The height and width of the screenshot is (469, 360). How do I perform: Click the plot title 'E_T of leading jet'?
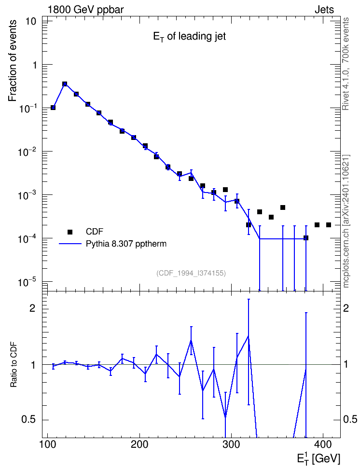click(x=190, y=37)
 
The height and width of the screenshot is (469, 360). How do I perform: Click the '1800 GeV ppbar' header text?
click(x=85, y=10)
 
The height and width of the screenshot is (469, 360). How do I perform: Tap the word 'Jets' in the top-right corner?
click(x=324, y=10)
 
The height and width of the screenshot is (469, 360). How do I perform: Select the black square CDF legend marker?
click(x=70, y=232)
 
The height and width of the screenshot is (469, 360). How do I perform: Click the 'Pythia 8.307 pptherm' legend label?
click(x=126, y=244)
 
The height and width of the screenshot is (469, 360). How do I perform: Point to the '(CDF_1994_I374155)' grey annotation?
click(x=191, y=273)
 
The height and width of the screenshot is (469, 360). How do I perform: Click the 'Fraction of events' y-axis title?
click(x=12, y=61)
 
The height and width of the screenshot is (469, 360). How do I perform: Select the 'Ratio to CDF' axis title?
click(x=14, y=365)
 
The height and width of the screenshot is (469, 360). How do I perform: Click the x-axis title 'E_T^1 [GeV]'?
click(x=318, y=457)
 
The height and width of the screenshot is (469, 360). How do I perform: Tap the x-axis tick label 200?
click(x=140, y=444)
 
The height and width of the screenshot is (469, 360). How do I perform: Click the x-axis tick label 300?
click(x=231, y=444)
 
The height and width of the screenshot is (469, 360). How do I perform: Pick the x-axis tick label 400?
click(x=322, y=444)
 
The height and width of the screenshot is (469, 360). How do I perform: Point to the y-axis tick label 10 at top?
click(x=30, y=22)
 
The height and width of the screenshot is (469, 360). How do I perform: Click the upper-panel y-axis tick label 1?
click(x=34, y=65)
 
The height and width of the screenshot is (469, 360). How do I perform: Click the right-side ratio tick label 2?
click(x=346, y=308)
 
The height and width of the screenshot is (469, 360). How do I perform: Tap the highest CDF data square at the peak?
click(x=65, y=84)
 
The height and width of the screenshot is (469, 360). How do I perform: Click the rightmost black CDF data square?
click(x=329, y=225)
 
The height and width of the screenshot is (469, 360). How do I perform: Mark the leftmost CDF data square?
click(x=53, y=108)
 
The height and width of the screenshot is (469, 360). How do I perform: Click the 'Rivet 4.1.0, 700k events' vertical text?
click(x=346, y=64)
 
